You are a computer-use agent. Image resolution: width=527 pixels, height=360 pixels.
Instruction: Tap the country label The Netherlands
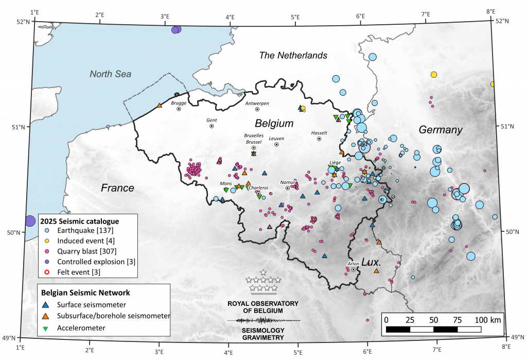[293, 55]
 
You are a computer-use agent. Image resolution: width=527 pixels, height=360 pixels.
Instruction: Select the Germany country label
[441, 130]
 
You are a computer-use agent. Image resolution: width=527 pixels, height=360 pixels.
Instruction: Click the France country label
[117, 188]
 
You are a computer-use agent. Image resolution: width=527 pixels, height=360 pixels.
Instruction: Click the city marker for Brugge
[179, 109]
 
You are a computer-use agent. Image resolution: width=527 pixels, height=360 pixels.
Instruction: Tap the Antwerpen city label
[257, 103]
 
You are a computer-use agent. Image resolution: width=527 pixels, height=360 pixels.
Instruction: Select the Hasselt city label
[319, 132]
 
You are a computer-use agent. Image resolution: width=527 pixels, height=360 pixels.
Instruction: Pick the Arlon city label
[354, 263]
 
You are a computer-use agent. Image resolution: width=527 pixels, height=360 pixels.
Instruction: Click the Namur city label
[287, 182]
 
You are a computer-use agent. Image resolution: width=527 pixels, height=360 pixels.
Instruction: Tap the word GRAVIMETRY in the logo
[263, 338]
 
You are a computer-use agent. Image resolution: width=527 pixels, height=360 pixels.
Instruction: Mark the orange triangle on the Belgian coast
[160, 106]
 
